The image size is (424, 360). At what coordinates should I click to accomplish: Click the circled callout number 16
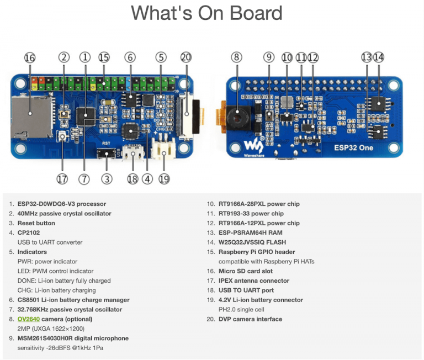[30, 58]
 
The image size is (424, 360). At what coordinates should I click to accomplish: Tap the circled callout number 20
[186, 57]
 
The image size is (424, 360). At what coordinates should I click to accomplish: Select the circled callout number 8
[236, 57]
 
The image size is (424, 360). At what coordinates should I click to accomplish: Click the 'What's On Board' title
[206, 13]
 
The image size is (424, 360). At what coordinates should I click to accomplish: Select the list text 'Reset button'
[36, 223]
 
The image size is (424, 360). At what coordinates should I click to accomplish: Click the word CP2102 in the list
[31, 232]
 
